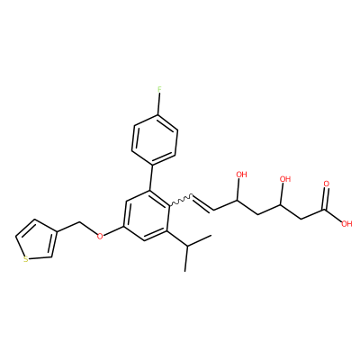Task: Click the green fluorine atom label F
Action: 159,89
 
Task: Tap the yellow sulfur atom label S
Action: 26,259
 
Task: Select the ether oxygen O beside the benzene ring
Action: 100,236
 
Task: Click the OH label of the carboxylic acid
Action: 346,223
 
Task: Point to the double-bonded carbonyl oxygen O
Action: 327,184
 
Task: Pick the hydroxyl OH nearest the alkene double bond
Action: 241,174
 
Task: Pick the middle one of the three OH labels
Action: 285,179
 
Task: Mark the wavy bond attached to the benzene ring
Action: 181,201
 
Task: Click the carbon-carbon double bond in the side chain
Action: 203,203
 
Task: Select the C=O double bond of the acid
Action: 325,199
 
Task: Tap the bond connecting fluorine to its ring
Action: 159,104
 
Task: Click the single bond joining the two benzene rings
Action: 151,177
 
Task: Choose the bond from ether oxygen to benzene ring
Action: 113,230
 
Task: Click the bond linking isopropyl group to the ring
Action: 176,238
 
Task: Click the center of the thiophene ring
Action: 37,240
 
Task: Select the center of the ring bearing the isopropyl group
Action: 147,216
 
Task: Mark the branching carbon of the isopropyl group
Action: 186,247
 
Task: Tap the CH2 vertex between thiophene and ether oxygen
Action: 80,222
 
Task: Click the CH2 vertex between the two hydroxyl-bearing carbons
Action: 258,214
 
